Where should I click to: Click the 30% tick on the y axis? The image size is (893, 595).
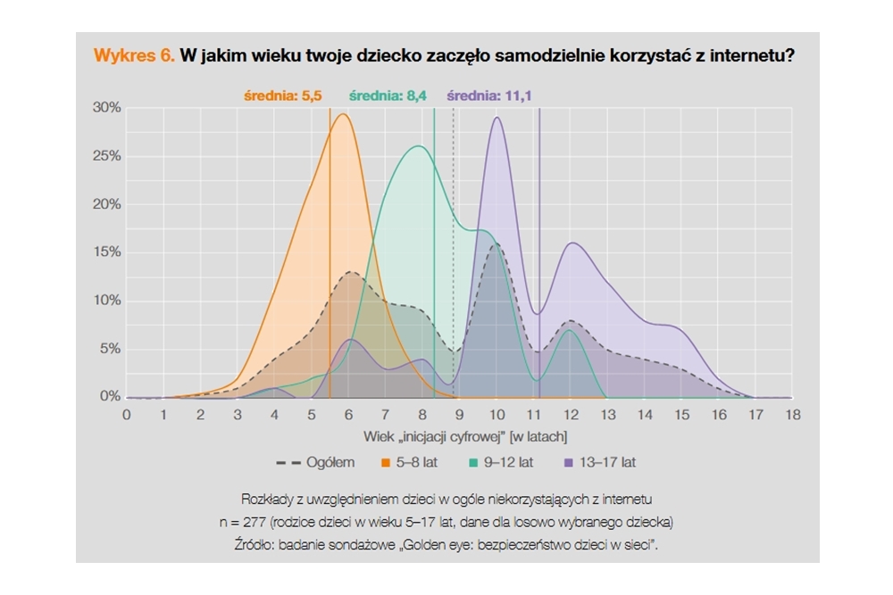107,108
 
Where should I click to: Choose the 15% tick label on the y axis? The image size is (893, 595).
107,252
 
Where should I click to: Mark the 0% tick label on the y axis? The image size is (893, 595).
110,397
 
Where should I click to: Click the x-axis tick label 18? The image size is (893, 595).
792,415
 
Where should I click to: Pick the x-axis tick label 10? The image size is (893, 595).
497,415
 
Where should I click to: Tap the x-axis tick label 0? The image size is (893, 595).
127,415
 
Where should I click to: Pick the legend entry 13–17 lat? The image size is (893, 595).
606,463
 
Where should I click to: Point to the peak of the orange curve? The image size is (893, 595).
343,114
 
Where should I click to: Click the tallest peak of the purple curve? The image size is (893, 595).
497,118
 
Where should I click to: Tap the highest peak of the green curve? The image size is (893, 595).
417,146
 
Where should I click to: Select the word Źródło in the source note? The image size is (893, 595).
261,542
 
